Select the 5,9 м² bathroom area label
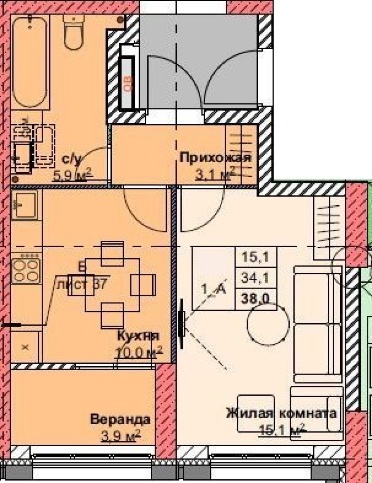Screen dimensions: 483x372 pyautogui.click(x=71, y=175)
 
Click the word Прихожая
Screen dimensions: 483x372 pyautogui.click(x=216, y=158)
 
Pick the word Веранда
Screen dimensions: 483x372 pyautogui.click(x=120, y=420)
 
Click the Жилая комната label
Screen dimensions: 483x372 pyautogui.click(x=281, y=413)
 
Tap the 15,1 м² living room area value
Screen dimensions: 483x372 pyautogui.click(x=282, y=430)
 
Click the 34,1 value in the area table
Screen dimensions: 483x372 pyautogui.click(x=257, y=278)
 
